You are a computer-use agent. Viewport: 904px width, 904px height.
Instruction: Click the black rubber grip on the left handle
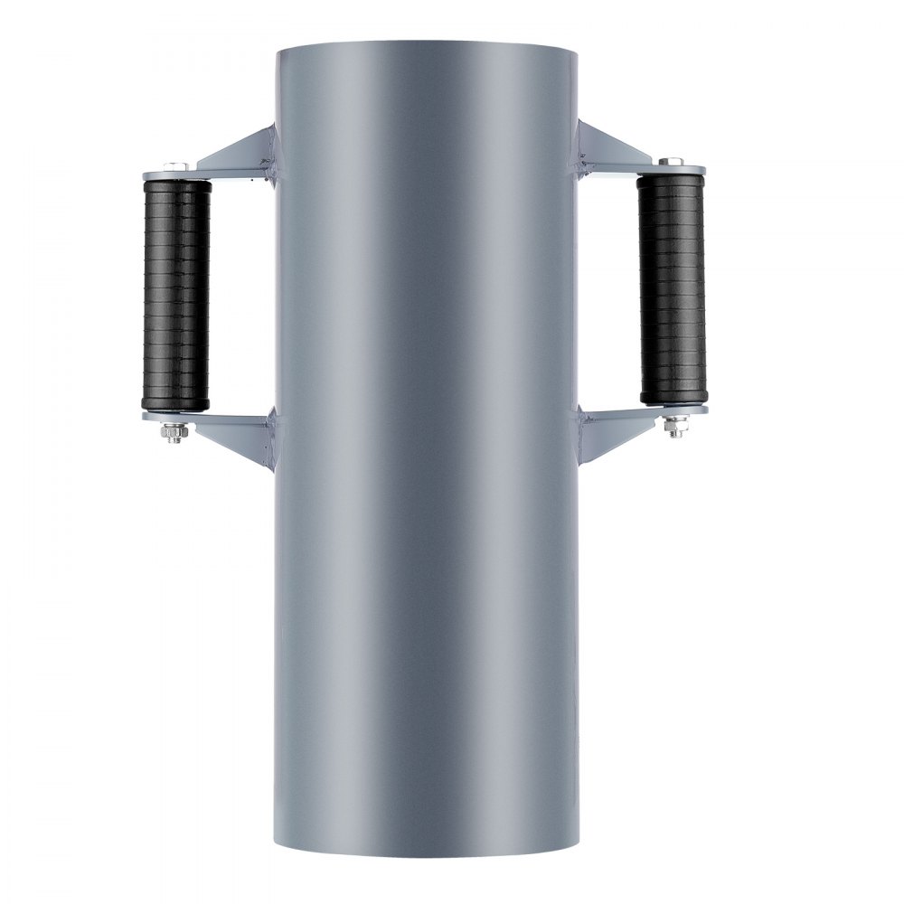tap(174, 295)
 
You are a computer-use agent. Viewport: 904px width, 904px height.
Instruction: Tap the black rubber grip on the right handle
tap(672, 288)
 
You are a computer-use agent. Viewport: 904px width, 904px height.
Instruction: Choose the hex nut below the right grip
tap(674, 427)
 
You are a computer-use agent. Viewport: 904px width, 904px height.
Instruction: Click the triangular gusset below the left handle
tap(237, 438)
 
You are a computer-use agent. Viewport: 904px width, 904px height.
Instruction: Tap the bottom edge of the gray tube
tap(425, 854)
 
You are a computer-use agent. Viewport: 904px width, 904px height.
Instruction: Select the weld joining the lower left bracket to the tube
tap(271, 429)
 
